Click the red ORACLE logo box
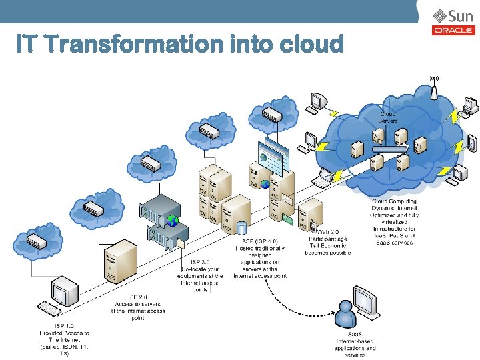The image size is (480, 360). (453, 30)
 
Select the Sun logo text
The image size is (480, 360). (461, 16)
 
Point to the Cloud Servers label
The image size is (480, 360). (388, 117)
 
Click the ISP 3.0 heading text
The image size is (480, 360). (201, 262)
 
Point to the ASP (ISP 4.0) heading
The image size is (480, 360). (259, 241)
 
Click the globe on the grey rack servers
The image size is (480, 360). (173, 220)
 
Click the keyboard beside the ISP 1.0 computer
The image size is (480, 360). (48, 308)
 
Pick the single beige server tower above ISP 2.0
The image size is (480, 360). (120, 262)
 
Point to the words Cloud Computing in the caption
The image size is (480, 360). (394, 201)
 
